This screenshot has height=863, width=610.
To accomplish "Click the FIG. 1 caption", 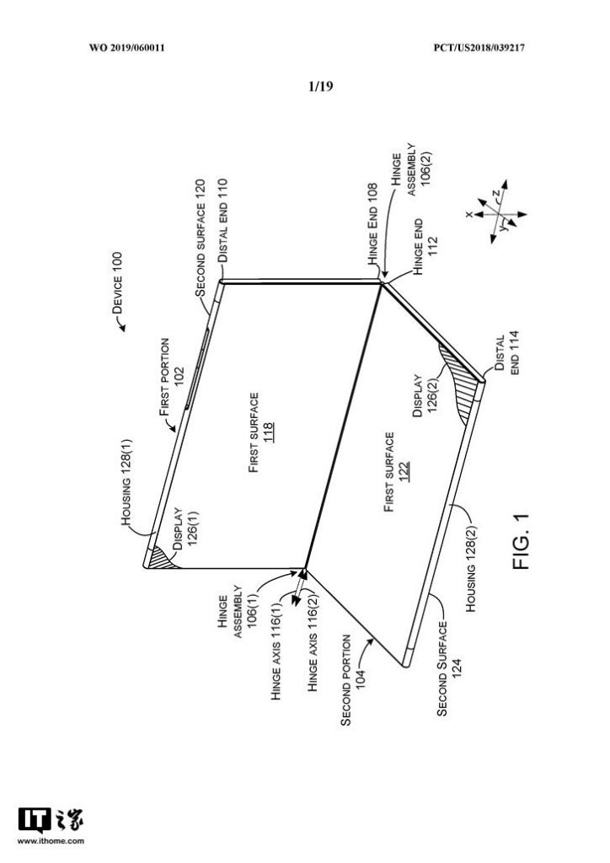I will pyautogui.click(x=521, y=552).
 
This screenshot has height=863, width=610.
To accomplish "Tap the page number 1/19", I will pyautogui.click(x=321, y=85).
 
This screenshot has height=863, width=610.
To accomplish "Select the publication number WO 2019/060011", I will pyautogui.click(x=126, y=47).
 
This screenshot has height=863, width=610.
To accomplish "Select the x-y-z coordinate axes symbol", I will pyautogui.click(x=494, y=212).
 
